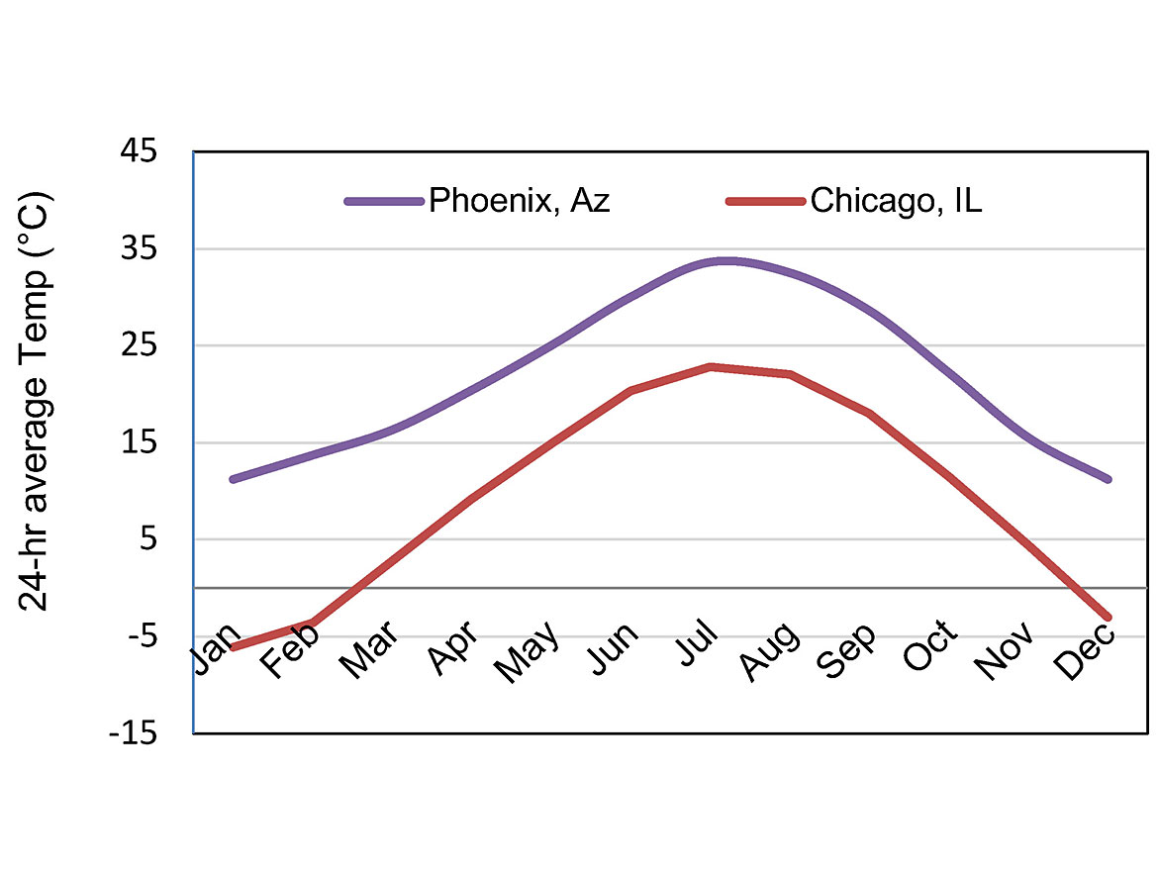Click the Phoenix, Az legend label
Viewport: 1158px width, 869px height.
519,201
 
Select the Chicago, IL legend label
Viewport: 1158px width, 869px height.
896,201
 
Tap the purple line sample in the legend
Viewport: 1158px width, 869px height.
384,202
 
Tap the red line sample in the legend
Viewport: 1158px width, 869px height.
765,202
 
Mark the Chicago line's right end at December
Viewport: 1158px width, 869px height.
1109,618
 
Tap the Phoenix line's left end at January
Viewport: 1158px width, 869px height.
233,479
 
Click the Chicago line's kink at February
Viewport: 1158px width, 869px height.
313,623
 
